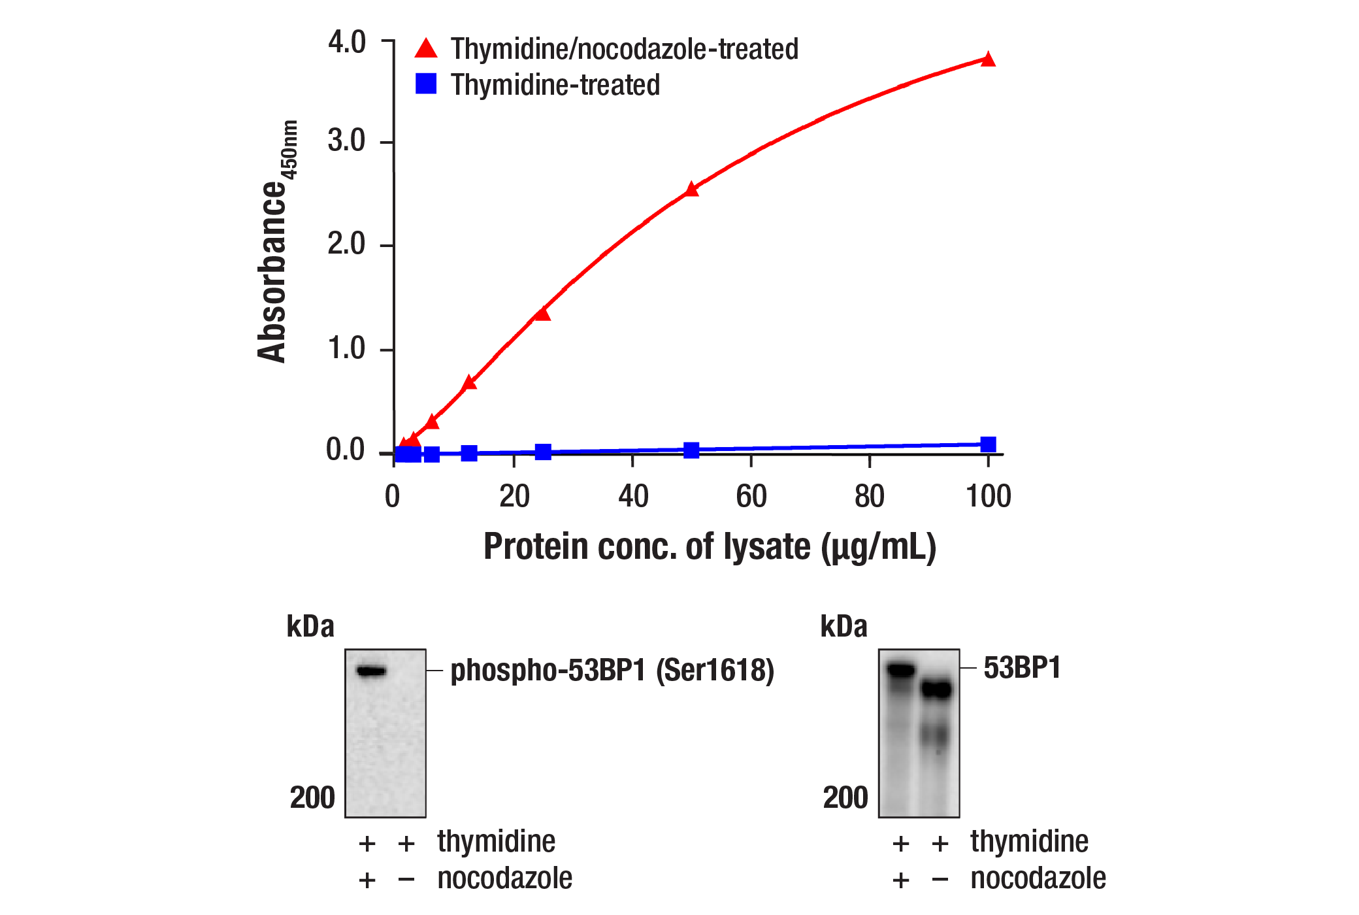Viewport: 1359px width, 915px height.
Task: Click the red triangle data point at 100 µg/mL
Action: (988, 59)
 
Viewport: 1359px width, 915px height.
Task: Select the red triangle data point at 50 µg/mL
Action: (692, 190)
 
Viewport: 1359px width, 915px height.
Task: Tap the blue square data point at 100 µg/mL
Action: (988, 444)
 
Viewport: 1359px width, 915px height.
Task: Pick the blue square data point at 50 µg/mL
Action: (692, 450)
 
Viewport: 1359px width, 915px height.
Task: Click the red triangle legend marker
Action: (426, 48)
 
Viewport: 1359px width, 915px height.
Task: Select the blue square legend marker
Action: (426, 84)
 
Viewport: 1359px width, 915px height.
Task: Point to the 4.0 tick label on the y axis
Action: (347, 42)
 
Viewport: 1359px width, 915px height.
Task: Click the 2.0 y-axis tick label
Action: (346, 244)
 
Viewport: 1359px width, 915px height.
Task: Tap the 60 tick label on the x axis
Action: (751, 497)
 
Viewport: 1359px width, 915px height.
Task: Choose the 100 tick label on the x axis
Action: (988, 497)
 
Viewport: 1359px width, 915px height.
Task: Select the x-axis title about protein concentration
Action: (710, 546)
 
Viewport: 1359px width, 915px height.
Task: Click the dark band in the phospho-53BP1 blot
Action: (371, 671)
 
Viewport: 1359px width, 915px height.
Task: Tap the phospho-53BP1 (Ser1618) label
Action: (612, 671)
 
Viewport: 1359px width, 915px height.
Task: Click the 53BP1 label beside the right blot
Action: (1022, 668)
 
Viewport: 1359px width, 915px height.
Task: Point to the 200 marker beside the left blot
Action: (312, 797)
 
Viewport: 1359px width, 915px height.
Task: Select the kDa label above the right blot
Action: (843, 626)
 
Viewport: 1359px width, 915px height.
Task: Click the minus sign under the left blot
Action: (406, 880)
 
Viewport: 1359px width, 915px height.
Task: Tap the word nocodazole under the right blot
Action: (1038, 878)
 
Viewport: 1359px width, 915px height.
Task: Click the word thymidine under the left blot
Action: (497, 842)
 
